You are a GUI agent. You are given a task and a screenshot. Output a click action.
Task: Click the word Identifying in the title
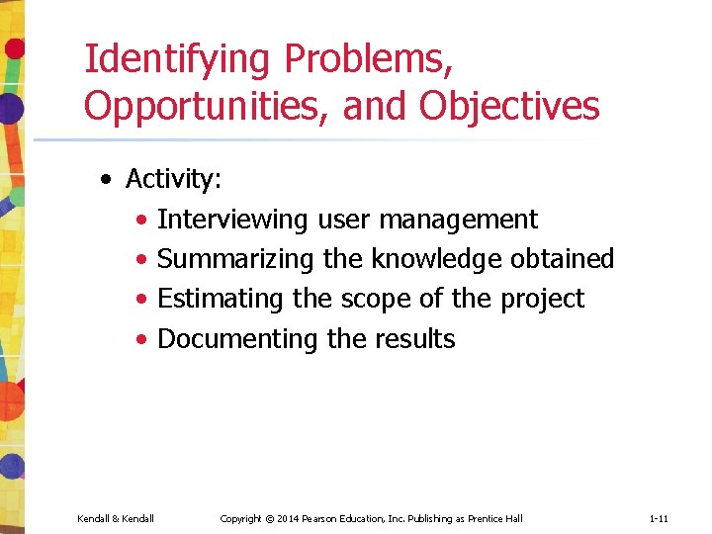point(177,60)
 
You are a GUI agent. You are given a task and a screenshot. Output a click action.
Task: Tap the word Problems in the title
point(369,60)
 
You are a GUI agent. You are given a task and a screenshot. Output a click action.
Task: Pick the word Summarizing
point(236,259)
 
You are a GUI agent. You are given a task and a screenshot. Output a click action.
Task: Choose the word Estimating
point(222,299)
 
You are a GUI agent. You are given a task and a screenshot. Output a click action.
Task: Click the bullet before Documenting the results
point(144,340)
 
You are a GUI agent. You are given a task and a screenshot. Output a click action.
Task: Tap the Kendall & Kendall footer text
point(115,518)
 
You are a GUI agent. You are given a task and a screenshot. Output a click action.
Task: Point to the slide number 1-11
point(660,518)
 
